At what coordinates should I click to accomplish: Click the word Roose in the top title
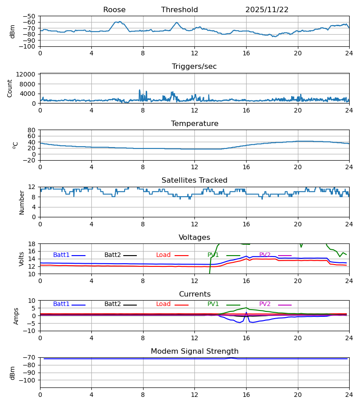114,10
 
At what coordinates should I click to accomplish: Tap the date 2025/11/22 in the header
267,10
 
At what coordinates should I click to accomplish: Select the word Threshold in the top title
180,10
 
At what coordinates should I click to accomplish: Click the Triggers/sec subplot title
194,67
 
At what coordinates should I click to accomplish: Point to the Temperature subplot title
194,124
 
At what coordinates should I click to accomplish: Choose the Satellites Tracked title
194,180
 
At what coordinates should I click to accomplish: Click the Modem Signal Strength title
194,351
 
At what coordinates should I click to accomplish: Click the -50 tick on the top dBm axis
29,16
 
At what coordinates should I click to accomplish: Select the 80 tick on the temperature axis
31,130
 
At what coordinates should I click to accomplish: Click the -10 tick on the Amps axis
29,331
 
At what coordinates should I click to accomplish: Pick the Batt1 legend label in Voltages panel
61,255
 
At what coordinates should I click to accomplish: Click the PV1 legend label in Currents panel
213,304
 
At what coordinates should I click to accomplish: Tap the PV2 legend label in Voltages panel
265,255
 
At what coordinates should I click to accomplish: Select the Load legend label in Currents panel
163,304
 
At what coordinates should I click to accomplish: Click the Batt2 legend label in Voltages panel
112,255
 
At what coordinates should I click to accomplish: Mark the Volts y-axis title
22,259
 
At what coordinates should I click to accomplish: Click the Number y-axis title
22,202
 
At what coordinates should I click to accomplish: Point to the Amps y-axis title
16,316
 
